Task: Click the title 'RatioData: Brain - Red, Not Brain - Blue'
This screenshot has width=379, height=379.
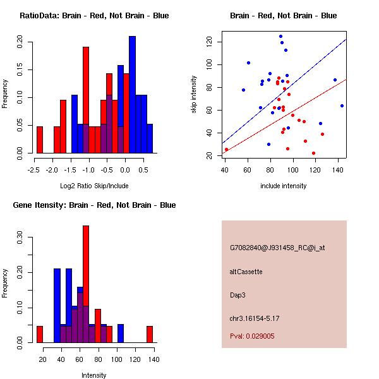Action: coord(94,16)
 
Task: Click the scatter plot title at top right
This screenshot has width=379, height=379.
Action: coord(283,16)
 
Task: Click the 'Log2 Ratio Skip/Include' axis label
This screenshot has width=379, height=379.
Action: coord(94,186)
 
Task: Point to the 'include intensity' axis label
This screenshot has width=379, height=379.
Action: coord(283,186)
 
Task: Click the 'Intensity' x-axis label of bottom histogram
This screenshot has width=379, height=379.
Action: coord(94,375)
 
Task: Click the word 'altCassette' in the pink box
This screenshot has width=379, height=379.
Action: coord(246,272)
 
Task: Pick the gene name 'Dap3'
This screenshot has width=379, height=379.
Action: coord(238,294)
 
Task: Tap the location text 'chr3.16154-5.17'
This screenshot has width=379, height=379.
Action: coord(255,318)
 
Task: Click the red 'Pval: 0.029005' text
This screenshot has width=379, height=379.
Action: coord(252,337)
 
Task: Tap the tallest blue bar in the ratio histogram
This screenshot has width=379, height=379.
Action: coord(132,95)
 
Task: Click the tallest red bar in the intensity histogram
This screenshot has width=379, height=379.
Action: coord(86,284)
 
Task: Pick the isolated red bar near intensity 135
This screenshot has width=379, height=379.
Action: coord(150,334)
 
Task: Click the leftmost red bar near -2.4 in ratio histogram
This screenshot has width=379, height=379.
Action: coord(40,140)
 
